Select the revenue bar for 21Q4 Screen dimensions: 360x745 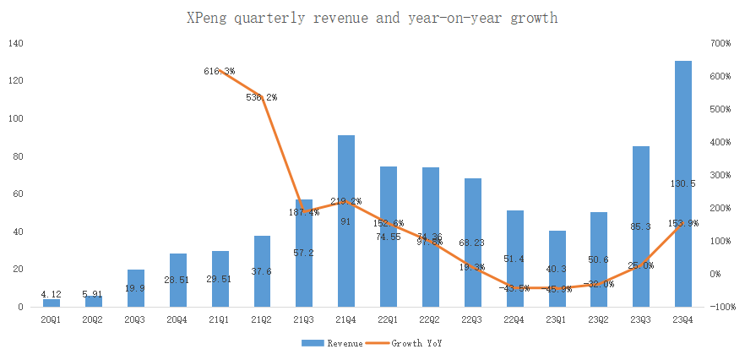coord(345,221)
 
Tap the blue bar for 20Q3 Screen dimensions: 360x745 coord(135,288)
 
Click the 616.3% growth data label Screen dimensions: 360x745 coord(220,72)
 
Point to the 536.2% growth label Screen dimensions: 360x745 coord(261,97)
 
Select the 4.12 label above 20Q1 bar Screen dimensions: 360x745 coord(52,294)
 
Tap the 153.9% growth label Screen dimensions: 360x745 coord(683,223)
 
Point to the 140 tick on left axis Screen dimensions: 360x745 coord(16,43)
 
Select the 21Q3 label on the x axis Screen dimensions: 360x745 coord(303,319)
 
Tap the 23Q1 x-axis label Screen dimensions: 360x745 coord(557,319)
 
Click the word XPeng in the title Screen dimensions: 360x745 coord(205,17)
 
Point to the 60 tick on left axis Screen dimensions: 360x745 coord(19,194)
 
